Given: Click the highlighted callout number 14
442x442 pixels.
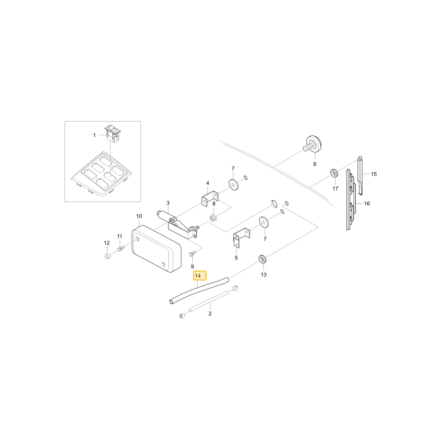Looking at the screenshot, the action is click(x=200, y=275).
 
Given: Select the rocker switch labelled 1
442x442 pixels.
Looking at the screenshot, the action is click(x=113, y=134).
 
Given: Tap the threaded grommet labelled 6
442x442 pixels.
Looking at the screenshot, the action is click(x=312, y=144).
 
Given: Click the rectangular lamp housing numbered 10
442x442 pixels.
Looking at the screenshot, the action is click(x=156, y=248).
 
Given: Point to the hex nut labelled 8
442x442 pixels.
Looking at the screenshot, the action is click(x=213, y=217).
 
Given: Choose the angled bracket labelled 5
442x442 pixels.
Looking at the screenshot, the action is click(x=241, y=237).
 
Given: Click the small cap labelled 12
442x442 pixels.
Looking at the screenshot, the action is click(x=107, y=256).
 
